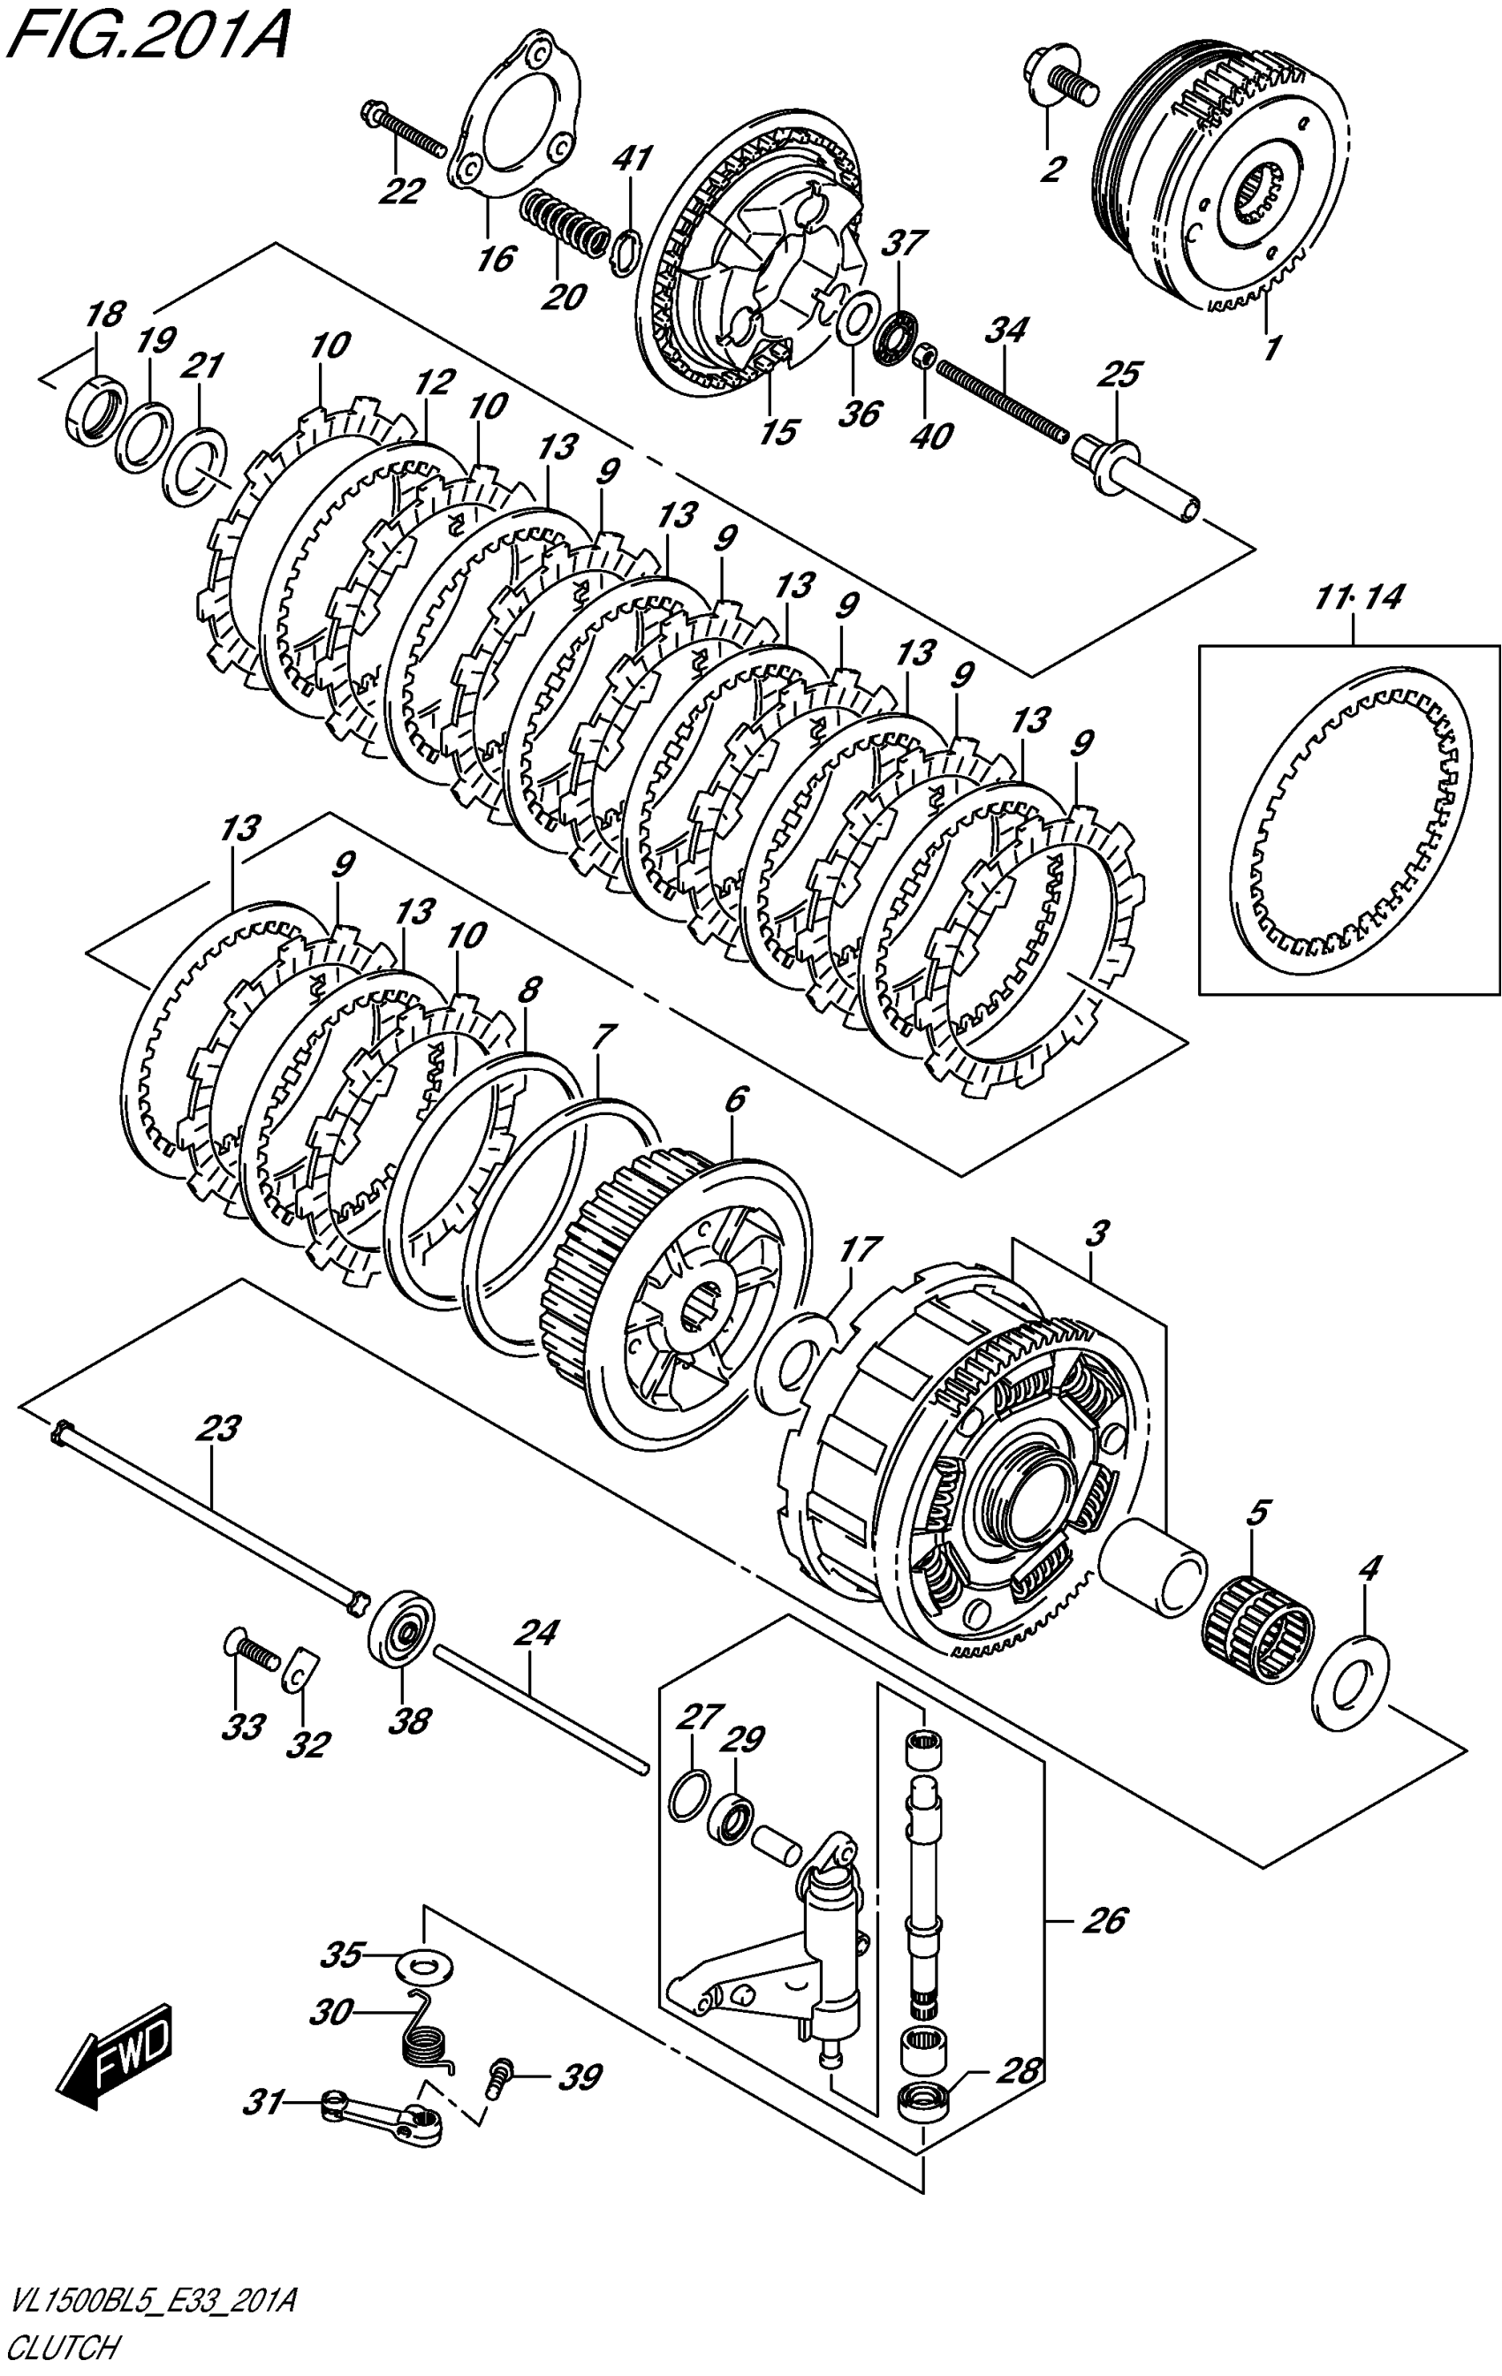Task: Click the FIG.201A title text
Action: tap(148, 36)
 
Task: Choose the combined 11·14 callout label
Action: tap(1358, 597)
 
